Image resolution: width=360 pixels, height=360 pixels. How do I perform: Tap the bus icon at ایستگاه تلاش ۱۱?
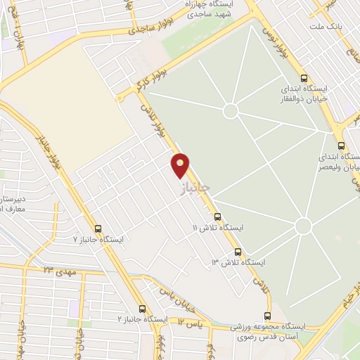point(217,217)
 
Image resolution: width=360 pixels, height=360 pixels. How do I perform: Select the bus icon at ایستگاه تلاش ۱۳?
point(238,251)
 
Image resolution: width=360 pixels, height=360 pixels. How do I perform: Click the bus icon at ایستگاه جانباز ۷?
point(98,228)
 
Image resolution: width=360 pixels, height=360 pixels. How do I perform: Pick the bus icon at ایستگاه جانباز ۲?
point(142,309)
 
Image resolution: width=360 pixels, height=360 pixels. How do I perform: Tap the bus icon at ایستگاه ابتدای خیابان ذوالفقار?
point(304,78)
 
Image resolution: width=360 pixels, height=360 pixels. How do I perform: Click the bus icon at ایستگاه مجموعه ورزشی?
point(267,315)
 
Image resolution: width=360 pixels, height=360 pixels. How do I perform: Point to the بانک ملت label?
point(323,26)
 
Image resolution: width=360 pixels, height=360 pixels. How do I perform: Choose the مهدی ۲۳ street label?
point(59,270)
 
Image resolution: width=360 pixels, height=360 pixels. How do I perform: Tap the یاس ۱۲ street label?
point(189,322)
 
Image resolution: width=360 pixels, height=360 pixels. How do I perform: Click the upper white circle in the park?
point(230,111)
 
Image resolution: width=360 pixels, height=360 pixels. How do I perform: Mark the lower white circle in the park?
point(303,226)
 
